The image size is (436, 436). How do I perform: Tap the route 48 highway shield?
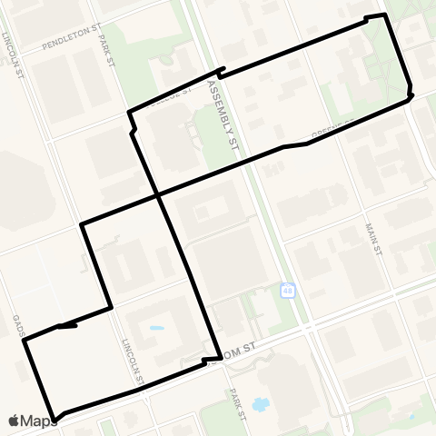pos(288,291)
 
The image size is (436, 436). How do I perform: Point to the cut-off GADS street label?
pos(17,324)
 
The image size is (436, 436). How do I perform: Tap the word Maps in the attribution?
pos(40,421)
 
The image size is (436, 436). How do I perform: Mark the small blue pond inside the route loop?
pos(157,328)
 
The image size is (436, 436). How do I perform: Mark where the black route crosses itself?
pos(158,195)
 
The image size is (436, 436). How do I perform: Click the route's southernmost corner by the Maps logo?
pos(55,419)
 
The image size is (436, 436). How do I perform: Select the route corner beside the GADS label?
pos(25,340)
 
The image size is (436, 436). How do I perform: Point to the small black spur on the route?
pos(66,324)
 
